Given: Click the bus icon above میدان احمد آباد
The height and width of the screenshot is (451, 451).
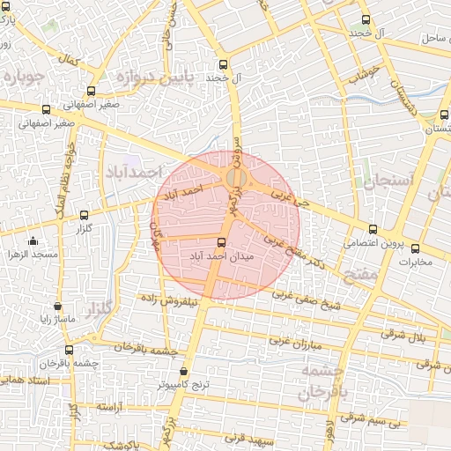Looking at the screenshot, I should [220, 242].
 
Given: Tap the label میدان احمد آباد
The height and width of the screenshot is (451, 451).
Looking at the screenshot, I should [222, 255].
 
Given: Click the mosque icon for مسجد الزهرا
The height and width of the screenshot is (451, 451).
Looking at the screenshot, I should [33, 241].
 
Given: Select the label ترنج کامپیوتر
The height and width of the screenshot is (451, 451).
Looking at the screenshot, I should [183, 385].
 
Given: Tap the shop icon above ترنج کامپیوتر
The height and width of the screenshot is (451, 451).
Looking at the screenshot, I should [183, 372].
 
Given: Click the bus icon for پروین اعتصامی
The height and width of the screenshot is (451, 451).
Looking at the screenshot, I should [373, 229].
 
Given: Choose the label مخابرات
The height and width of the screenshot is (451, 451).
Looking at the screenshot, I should [417, 262].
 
